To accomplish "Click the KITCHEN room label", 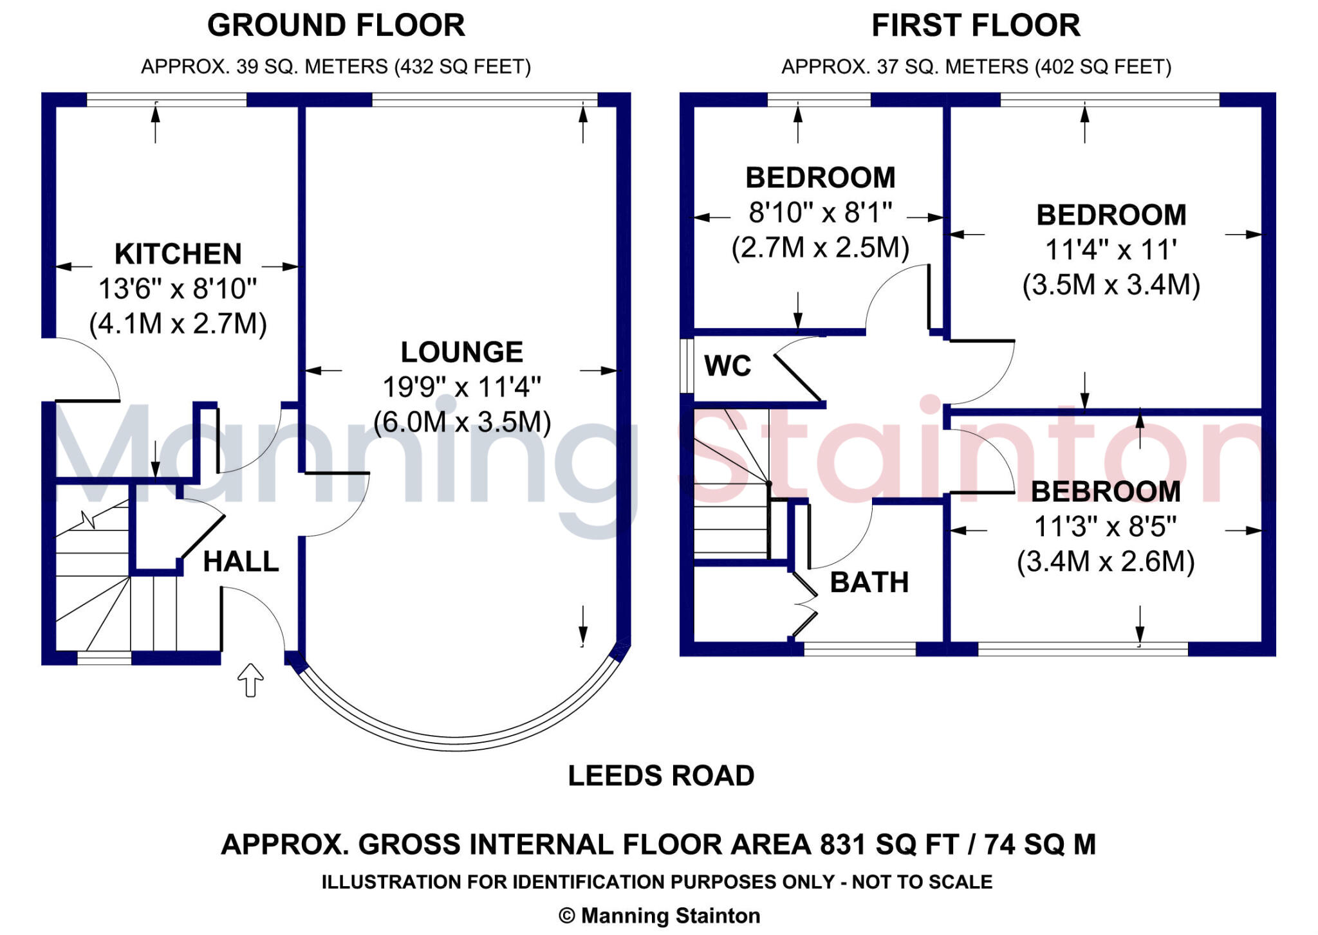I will pos(178,254).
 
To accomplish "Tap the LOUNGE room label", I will pos(462,352).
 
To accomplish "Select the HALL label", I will pos(241,562).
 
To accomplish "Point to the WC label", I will pos(728,366).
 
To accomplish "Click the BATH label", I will pos(869,583).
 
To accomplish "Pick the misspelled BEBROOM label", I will pos(1106,492).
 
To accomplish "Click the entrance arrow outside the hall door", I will pos(250,680).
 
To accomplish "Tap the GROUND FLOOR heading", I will pos(336,26).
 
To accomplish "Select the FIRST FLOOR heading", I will pos(976,26).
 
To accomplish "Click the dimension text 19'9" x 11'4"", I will pos(462,387).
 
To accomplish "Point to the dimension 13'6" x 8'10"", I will pos(178,289).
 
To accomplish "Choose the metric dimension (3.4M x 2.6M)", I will pos(1106,561).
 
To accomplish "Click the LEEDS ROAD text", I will pos(661,776).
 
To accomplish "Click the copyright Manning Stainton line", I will pos(659,916).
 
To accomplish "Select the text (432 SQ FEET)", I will pos(462,67).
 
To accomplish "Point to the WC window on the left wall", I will pos(687,365).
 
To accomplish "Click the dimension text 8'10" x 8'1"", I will pos(821,212).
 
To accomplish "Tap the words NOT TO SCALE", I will pos(922,882).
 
